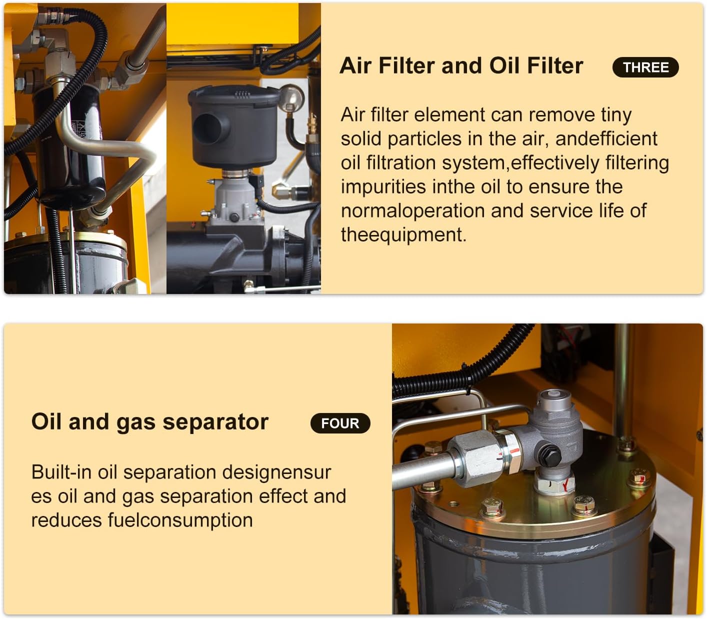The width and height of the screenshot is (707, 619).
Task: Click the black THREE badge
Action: pyautogui.click(x=645, y=67)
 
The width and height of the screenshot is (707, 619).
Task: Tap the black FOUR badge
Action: pyautogui.click(x=340, y=423)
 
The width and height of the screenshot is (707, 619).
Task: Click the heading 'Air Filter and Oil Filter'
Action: pyautogui.click(x=461, y=65)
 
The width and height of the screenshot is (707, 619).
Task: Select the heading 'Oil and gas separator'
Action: pyautogui.click(x=149, y=421)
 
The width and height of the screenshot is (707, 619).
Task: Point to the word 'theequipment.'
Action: pyautogui.click(x=403, y=234)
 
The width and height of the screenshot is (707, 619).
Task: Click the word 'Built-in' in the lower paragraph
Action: pyautogui.click(x=61, y=471)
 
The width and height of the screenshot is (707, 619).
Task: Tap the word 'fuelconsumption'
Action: pyautogui.click(x=180, y=519)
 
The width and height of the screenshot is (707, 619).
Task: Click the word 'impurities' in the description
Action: pyautogui.click(x=382, y=186)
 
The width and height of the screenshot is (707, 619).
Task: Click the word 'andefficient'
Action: pyautogui.click(x=606, y=138)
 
